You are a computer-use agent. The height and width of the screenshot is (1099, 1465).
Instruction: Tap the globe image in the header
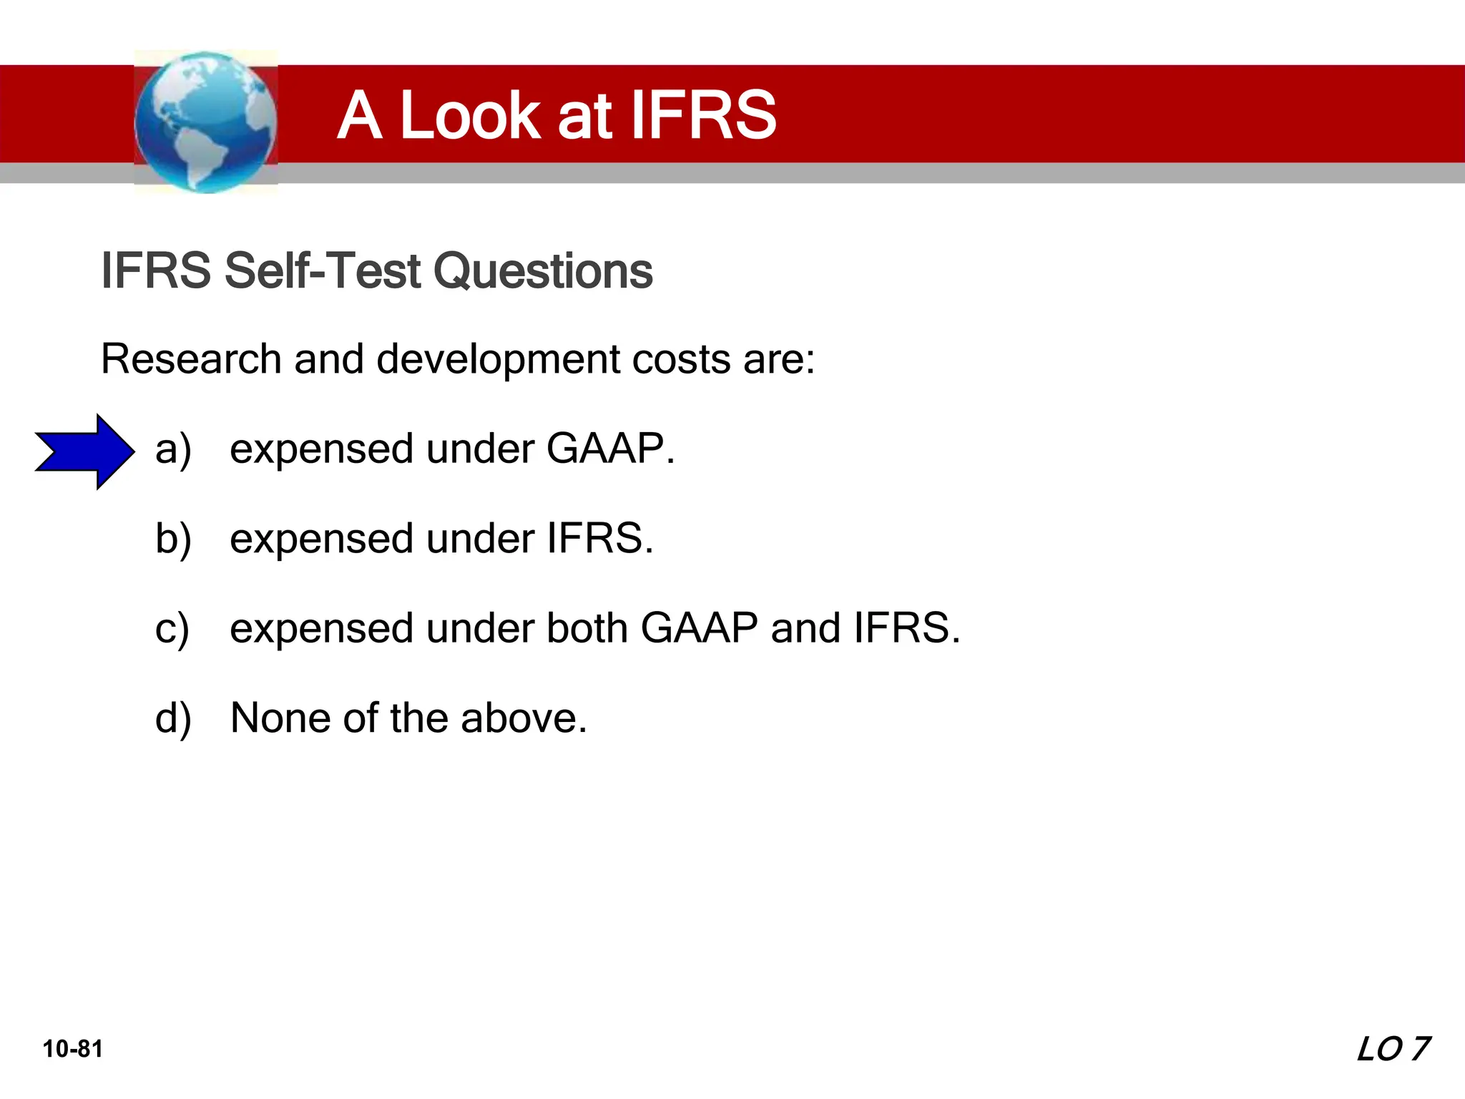pyautogui.click(x=206, y=122)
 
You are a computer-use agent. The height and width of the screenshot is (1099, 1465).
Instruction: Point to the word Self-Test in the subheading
pyautogui.click(x=322, y=270)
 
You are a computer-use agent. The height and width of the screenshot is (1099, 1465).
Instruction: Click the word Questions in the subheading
pyautogui.click(x=543, y=270)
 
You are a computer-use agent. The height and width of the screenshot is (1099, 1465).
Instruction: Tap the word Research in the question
pyautogui.click(x=191, y=358)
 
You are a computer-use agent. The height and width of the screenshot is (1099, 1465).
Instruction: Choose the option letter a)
pyautogui.click(x=173, y=450)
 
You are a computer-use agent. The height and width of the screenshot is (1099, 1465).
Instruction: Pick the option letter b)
pyautogui.click(x=173, y=539)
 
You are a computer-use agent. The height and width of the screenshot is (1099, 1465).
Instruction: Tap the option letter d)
pyautogui.click(x=173, y=718)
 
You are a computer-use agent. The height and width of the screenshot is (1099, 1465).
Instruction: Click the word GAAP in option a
pyautogui.click(x=607, y=449)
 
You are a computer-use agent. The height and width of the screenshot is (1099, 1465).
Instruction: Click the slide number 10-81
pyautogui.click(x=73, y=1049)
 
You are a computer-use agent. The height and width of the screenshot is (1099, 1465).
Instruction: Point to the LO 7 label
pyautogui.click(x=1393, y=1049)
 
